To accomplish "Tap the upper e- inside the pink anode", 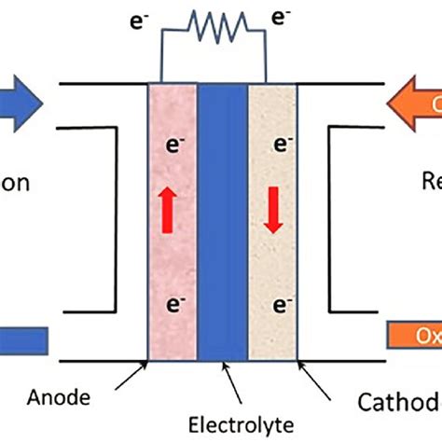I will click(x=173, y=145).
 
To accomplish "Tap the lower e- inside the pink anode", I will click(x=173, y=304).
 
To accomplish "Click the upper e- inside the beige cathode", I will click(x=276, y=145).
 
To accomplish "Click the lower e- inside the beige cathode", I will click(x=276, y=304).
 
